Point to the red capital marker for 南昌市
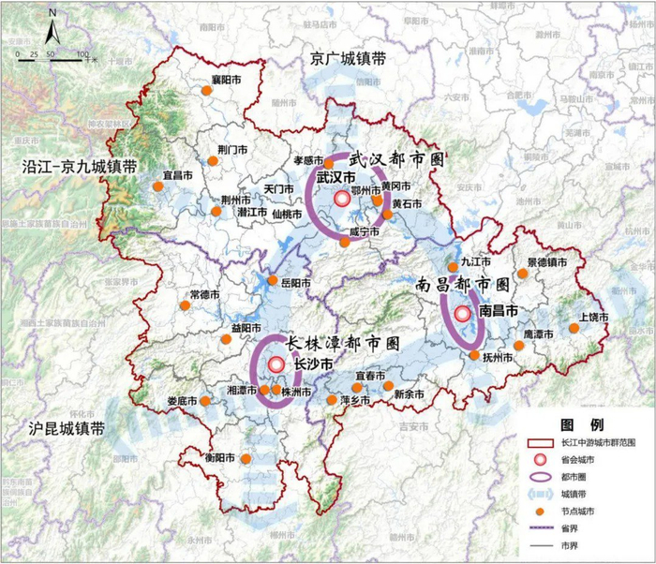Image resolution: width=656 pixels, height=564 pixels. click(461, 315)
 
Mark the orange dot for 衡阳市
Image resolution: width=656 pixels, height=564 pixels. click(246, 459)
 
